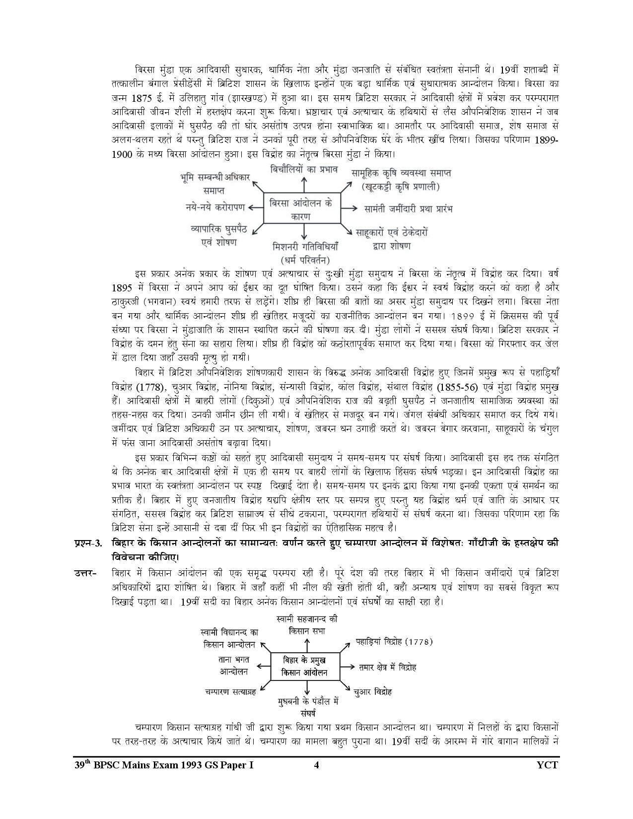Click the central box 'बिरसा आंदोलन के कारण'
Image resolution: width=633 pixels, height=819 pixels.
[302, 209]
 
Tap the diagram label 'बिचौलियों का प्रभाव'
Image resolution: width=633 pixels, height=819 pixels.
[304, 169]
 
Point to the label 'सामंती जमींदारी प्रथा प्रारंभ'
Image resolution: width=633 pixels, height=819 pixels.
[408, 208]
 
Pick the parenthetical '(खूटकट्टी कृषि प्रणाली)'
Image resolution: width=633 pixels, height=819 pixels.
[401, 187]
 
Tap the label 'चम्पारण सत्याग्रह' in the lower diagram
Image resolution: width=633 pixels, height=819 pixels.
[229, 690]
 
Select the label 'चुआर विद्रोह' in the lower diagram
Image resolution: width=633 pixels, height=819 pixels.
[373, 691]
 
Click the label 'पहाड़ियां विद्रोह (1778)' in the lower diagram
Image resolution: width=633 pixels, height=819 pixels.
[394, 641]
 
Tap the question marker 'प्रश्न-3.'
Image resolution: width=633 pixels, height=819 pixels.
[88, 543]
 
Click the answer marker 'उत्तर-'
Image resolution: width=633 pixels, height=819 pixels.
[85, 574]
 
